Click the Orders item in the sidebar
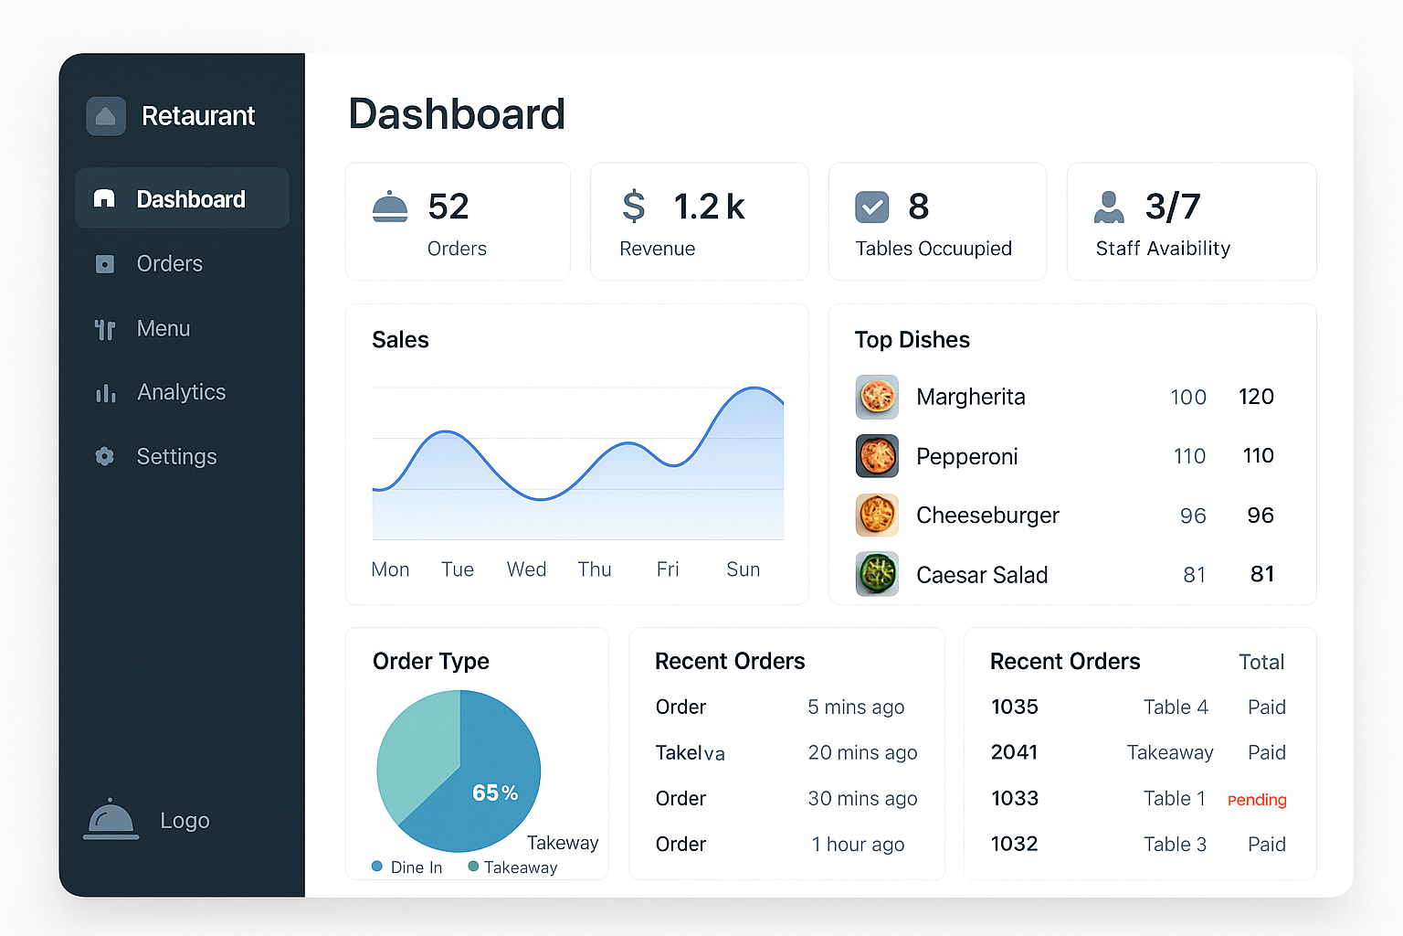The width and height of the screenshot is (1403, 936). click(x=169, y=264)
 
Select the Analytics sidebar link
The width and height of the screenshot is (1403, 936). click(x=181, y=392)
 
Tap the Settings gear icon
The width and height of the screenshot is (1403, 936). click(x=105, y=456)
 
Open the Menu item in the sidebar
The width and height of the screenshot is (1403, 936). click(x=163, y=328)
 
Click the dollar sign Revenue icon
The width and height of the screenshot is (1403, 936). click(x=633, y=207)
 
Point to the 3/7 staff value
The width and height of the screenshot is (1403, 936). click(x=1172, y=207)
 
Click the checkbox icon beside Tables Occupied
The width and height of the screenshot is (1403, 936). click(x=871, y=207)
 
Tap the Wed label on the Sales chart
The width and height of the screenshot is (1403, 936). click(x=526, y=569)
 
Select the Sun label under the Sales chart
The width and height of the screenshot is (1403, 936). click(x=743, y=569)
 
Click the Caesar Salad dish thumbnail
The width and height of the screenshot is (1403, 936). click(x=877, y=574)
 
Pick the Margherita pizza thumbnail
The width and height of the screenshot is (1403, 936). click(x=877, y=397)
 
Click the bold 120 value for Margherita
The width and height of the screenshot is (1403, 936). click(x=1256, y=397)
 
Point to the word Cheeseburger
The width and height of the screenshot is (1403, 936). click(x=987, y=516)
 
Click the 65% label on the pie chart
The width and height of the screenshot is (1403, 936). click(x=495, y=792)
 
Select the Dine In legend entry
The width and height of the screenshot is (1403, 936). click(x=407, y=867)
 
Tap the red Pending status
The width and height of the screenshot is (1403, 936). click(x=1257, y=800)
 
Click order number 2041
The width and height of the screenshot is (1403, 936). click(x=1014, y=752)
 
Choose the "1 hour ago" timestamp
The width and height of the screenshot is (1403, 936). click(x=858, y=845)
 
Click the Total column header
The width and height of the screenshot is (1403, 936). click(x=1261, y=662)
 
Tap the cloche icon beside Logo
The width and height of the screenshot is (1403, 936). click(x=111, y=820)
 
